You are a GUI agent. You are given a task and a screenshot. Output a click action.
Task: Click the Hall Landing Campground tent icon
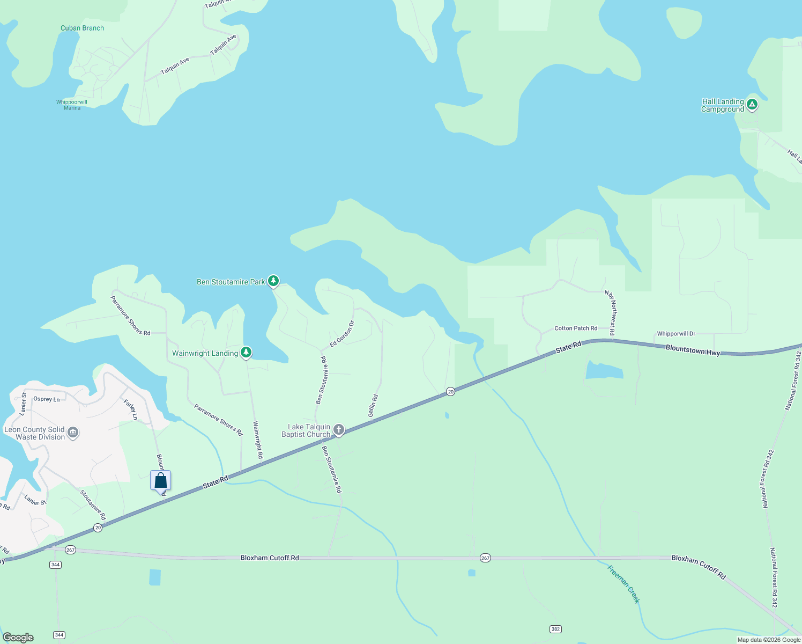(752, 105)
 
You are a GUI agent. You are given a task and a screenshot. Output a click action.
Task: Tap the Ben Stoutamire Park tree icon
(273, 281)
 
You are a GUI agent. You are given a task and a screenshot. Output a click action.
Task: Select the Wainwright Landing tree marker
(246, 352)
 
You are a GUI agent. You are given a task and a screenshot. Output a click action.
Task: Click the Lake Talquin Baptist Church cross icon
(338, 429)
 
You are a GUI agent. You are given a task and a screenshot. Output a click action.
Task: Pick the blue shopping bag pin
(160, 480)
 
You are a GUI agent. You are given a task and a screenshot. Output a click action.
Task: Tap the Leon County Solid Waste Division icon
(73, 433)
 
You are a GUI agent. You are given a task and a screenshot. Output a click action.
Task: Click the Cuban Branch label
(82, 28)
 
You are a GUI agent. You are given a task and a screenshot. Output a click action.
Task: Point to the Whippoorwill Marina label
(72, 105)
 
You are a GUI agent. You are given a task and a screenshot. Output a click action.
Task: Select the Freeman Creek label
(623, 584)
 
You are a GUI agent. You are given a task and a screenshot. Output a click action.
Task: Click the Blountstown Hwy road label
(693, 350)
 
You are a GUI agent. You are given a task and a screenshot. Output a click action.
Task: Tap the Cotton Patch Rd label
(576, 328)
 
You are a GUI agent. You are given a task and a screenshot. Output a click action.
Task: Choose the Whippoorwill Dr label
(676, 334)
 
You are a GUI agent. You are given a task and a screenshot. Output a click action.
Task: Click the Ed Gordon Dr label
(342, 334)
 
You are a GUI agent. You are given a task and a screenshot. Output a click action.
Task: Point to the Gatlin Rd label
(373, 406)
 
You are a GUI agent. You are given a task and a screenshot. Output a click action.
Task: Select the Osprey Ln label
(47, 399)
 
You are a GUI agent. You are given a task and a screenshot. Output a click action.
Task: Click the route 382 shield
(555, 628)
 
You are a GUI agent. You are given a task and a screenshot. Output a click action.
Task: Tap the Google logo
(18, 638)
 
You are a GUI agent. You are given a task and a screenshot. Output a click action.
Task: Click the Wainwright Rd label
(258, 440)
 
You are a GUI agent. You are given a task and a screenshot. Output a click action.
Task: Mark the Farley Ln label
(130, 409)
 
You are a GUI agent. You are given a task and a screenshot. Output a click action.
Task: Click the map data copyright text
(768, 640)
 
